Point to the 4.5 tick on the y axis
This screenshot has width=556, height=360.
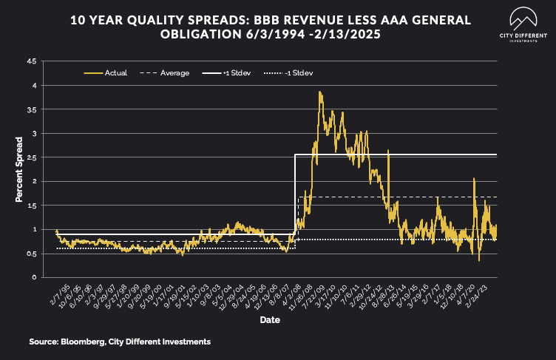tap(31, 61)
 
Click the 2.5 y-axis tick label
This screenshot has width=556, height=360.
tap(31, 157)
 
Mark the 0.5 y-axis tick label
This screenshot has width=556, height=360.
tap(31, 254)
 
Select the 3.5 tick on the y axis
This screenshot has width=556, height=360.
tap(31, 109)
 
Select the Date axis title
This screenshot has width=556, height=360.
tap(269, 320)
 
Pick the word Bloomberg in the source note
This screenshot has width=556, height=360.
tap(84, 342)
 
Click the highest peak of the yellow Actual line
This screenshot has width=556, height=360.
tap(319, 92)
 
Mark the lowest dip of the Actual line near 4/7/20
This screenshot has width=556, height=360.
tap(479, 260)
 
